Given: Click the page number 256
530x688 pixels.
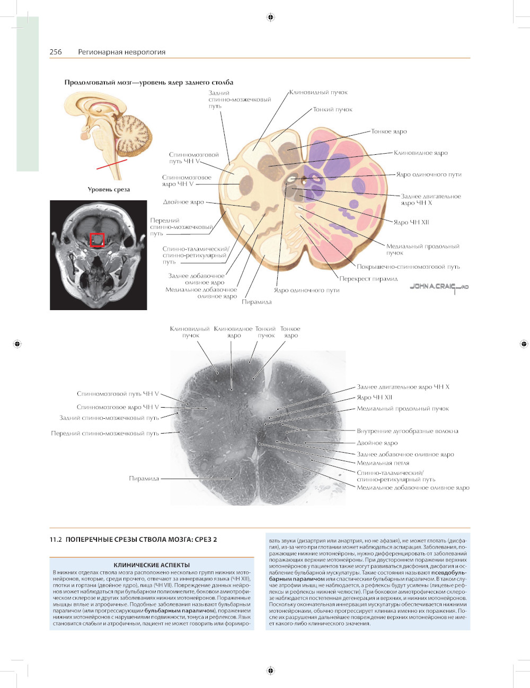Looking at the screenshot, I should point(56,52).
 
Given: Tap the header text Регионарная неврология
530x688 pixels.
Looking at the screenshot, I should point(121,52).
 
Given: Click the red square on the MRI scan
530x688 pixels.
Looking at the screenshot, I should point(97,240).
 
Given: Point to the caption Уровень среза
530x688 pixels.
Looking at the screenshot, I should point(109,189).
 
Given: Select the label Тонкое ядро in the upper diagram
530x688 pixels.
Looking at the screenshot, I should point(388,131).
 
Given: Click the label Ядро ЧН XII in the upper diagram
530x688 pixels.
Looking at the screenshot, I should point(411,222).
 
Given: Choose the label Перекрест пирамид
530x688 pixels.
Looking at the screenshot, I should point(368,279).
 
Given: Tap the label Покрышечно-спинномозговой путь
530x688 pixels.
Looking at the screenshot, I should point(408,267).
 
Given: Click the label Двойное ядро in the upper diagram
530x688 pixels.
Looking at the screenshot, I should point(183,202).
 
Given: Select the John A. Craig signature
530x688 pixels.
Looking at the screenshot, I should point(439,287).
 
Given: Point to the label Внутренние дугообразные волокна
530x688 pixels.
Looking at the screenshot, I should point(407,431).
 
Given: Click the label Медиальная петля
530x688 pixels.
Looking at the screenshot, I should point(383,463).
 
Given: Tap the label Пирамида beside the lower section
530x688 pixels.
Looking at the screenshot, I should point(144,479).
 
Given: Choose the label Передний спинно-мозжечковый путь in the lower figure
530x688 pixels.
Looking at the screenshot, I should point(105,434).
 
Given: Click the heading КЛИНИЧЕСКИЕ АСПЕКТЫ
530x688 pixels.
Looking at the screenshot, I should point(152,565).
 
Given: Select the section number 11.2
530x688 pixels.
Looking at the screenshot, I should point(56,540).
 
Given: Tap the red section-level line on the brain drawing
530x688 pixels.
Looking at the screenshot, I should point(111,164).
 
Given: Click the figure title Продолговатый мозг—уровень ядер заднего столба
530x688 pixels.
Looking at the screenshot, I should point(149,82).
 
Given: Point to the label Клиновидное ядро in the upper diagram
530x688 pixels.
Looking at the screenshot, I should point(420,153).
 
